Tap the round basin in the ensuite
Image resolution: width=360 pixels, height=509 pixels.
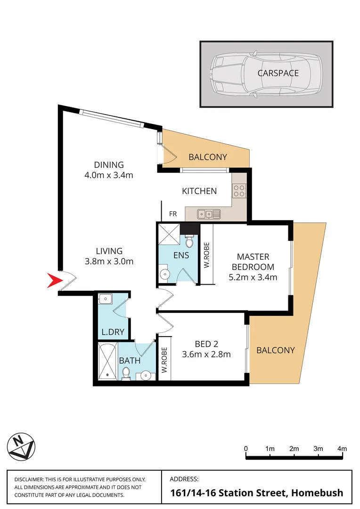pyautogui.click(x=164, y=274)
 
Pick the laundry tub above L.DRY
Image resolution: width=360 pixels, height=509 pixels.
pyautogui.click(x=105, y=299)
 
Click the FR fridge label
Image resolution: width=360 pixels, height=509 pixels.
pyautogui.click(x=173, y=214)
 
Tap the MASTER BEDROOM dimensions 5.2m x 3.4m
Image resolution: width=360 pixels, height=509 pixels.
pyautogui.click(x=253, y=277)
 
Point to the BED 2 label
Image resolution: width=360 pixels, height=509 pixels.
pyautogui.click(x=206, y=344)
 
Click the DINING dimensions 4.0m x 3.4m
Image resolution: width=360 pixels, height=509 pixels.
pyautogui.click(x=109, y=176)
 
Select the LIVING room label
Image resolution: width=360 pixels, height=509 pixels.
pyautogui.click(x=109, y=251)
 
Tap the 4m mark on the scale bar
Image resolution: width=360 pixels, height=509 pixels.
pyautogui.click(x=342, y=448)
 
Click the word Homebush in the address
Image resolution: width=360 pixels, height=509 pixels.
pyautogui.click(x=317, y=493)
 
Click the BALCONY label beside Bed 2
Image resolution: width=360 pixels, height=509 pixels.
pyautogui.click(x=276, y=350)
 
